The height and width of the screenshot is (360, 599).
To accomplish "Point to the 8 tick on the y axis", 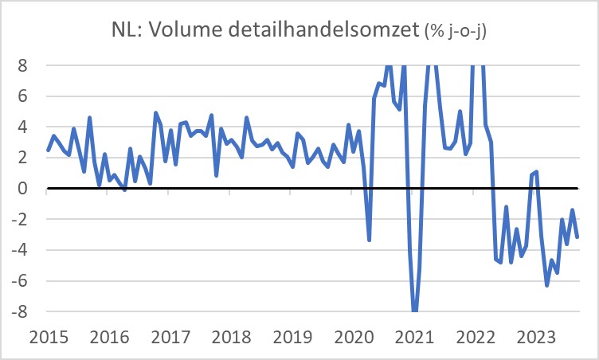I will (x=23, y=65).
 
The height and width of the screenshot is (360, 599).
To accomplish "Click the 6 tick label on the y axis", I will (x=23, y=96).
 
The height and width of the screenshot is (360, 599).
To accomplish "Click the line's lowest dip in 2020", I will (x=369, y=240).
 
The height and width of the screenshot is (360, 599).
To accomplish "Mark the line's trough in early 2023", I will (x=547, y=285).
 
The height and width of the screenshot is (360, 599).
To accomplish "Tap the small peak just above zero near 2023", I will (x=537, y=171).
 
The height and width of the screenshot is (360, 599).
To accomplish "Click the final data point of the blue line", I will (x=577, y=237).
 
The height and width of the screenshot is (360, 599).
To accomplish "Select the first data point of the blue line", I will (x=48, y=150).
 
